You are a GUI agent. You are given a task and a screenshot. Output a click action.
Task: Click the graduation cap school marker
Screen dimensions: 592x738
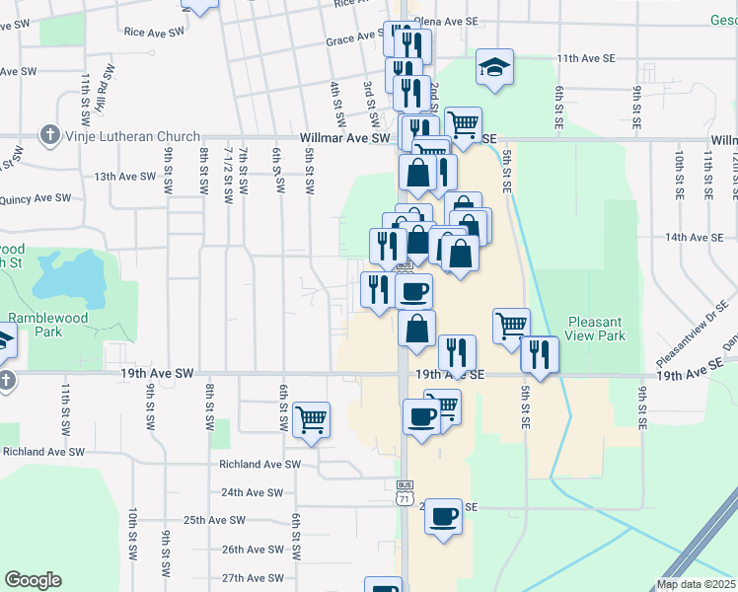tap(494, 67)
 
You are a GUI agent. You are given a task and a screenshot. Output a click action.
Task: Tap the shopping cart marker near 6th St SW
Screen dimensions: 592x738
tap(311, 419)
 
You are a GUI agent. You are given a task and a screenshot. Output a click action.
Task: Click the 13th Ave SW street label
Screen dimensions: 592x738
tap(125, 177)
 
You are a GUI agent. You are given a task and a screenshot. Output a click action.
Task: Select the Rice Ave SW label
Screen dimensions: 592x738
tap(155, 32)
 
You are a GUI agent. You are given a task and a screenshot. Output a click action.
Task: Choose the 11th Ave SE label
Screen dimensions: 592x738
tap(585, 59)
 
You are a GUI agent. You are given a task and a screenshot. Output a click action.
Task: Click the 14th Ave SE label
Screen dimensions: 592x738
tap(694, 238)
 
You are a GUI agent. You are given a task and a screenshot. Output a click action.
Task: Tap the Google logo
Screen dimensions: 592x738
tap(33, 579)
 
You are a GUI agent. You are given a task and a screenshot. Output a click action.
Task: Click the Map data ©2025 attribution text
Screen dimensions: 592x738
tap(696, 584)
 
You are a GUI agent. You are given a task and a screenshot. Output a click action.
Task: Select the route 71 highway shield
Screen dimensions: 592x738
tap(405, 499)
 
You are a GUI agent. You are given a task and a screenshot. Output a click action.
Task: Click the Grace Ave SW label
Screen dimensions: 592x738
tap(354, 41)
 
